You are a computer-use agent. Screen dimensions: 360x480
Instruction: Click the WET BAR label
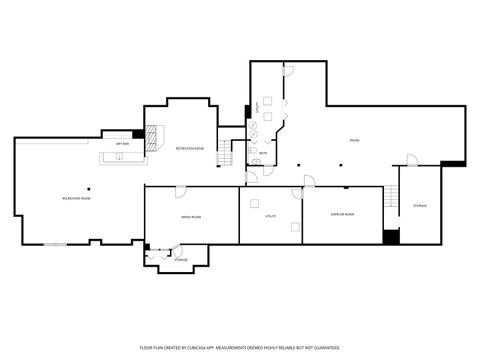[121, 145]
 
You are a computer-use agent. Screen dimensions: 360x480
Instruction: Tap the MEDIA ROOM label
[190, 216]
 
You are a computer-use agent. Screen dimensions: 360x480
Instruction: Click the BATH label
[262, 153]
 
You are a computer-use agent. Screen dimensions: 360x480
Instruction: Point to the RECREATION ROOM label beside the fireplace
[190, 148]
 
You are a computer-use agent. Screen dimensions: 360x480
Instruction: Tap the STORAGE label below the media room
[180, 260]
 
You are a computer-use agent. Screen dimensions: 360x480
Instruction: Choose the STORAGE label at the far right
[420, 206]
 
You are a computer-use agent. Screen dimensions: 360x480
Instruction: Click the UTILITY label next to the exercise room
[270, 216]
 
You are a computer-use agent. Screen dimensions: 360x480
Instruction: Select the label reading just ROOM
[354, 141]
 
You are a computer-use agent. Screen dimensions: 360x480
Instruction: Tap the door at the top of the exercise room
[310, 182]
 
